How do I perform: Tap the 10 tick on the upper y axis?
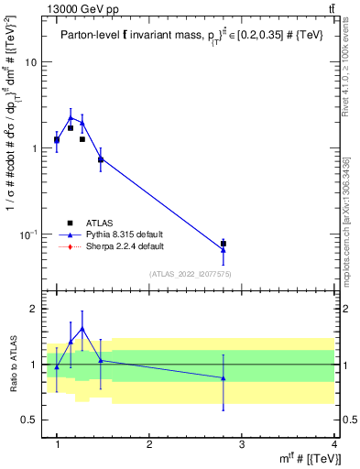[31, 62]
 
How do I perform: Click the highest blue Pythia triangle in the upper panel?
[71, 117]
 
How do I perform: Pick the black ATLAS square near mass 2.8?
[224, 244]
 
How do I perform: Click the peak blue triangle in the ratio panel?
[82, 328]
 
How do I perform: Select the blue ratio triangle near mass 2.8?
[224, 377]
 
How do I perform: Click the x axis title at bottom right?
[311, 458]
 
